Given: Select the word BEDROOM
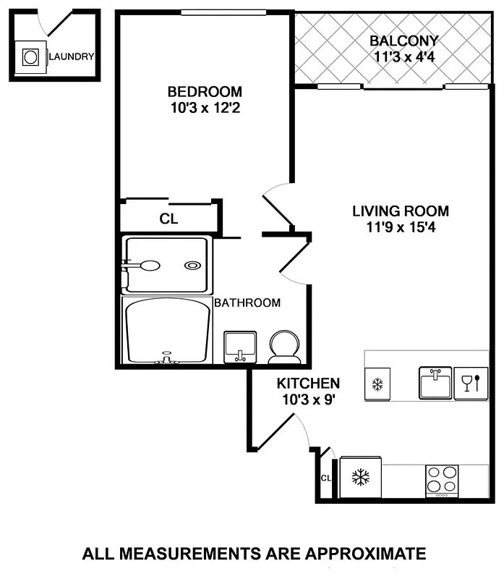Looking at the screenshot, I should point(205,92).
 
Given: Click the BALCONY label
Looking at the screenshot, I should point(403,41).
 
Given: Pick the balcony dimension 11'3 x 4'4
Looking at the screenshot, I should point(403,56).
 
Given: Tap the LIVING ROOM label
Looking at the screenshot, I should point(401,211).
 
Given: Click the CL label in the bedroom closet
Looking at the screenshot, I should point(168,218).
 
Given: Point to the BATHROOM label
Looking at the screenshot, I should point(247,303).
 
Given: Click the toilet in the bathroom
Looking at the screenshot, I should point(283,347).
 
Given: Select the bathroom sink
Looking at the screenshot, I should point(240,347).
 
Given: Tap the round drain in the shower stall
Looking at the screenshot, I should point(192,266).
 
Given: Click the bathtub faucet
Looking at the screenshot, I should point(167,358).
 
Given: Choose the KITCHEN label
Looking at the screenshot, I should point(308,383).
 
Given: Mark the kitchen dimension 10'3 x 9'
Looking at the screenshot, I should point(308,398).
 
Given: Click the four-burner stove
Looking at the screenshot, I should point(441,480).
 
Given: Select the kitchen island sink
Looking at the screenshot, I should point(435,383).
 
